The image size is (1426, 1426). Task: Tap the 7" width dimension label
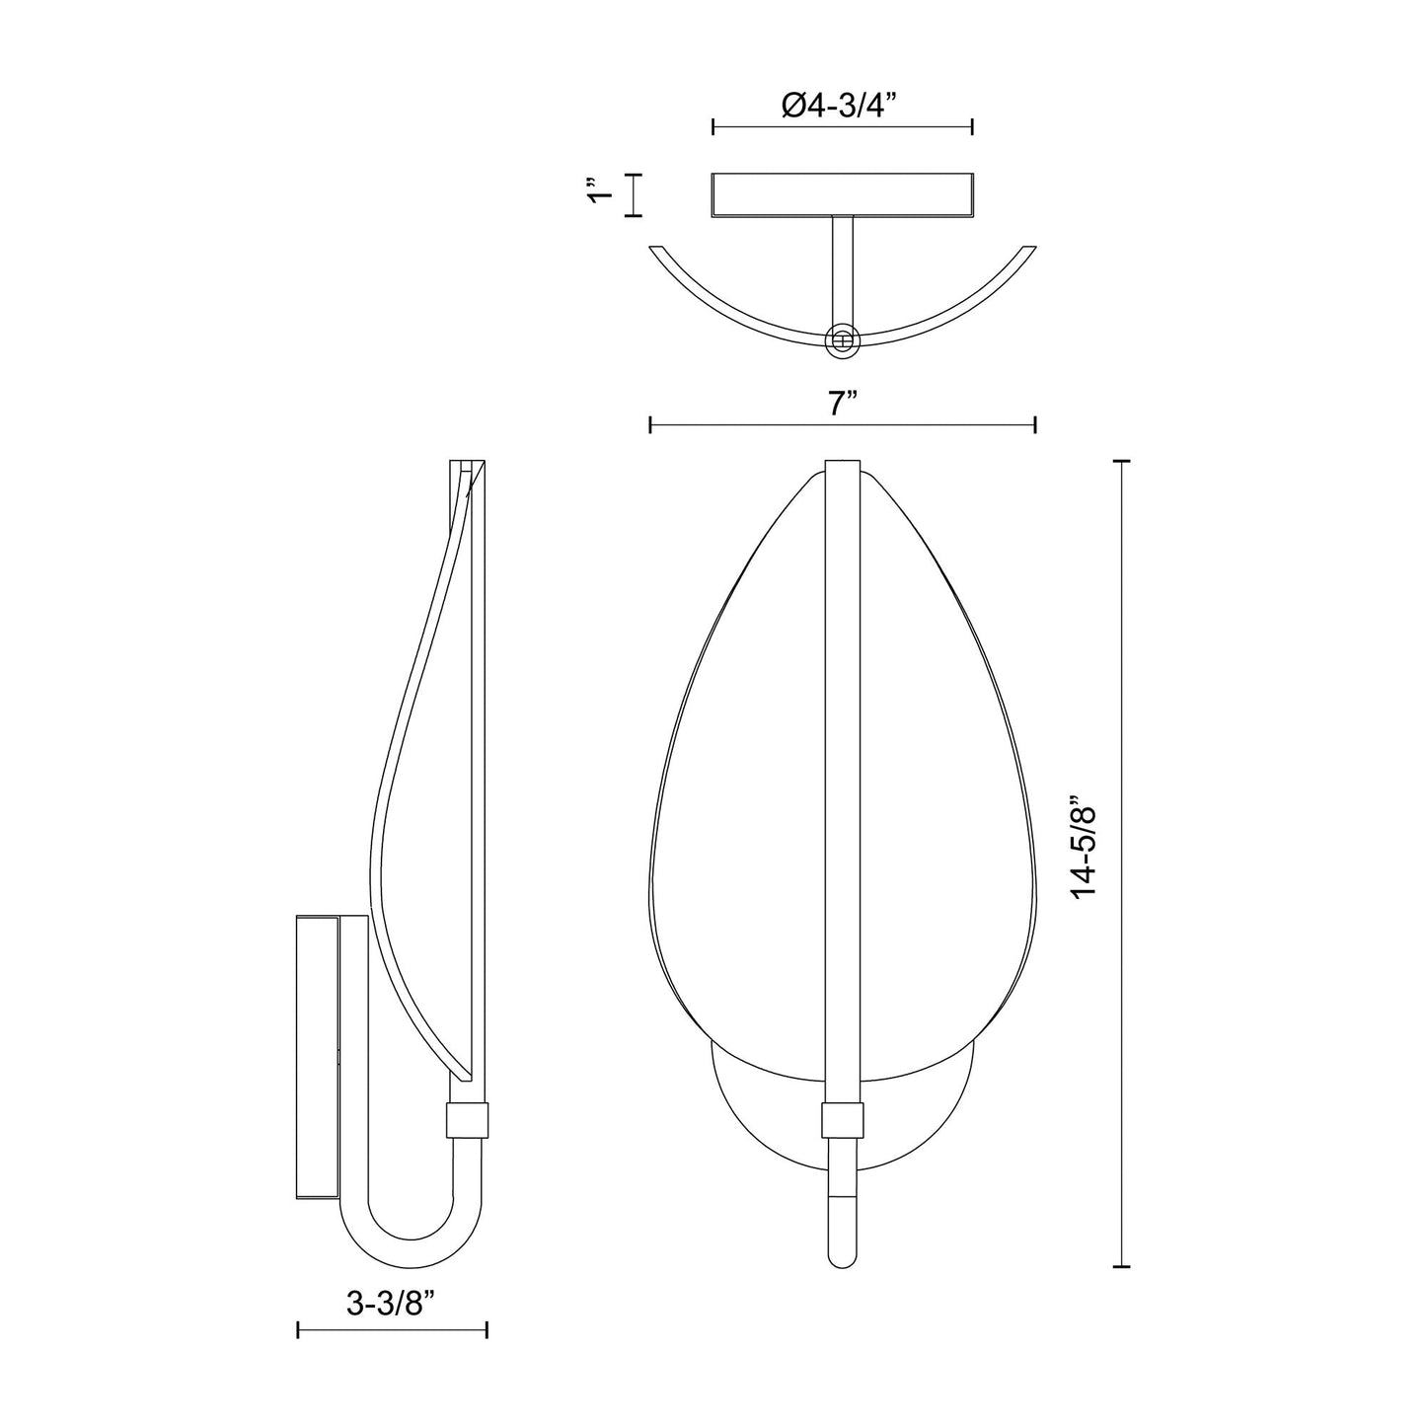(x=842, y=404)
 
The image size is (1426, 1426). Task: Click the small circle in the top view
(x=842, y=339)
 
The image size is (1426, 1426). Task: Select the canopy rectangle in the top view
(x=843, y=194)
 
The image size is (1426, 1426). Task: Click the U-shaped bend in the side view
(x=414, y=1234)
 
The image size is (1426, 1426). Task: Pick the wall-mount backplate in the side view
(x=317, y=1057)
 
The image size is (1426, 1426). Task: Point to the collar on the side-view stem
(x=469, y=1119)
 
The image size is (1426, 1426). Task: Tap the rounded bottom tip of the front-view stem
(x=842, y=1258)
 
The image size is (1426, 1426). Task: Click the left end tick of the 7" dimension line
(x=650, y=424)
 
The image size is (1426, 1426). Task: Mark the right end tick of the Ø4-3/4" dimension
(x=973, y=126)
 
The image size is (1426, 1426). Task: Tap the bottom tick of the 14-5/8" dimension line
(x=1121, y=1266)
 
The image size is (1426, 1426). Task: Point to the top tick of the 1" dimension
(x=634, y=175)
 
